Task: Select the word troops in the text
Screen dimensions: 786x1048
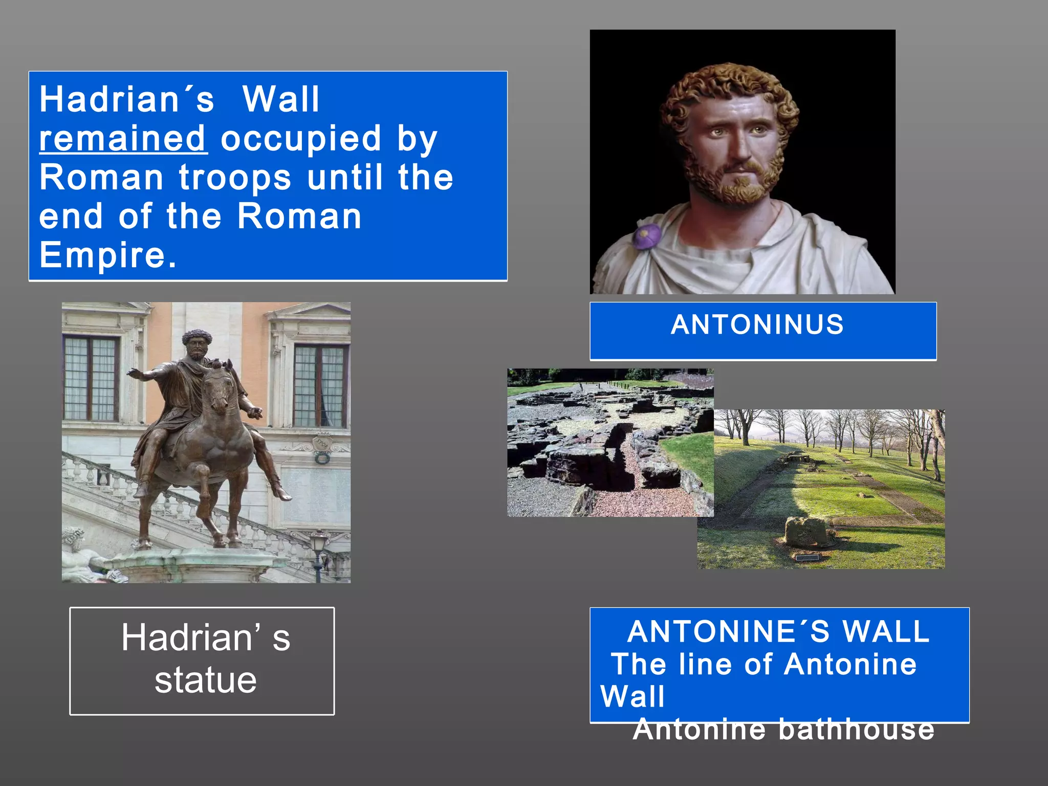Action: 235,178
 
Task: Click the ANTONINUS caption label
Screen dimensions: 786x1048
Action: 757,325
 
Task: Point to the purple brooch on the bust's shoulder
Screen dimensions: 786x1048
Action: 647,237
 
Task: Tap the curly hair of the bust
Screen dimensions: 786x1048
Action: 727,87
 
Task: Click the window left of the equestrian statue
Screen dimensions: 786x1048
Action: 91,379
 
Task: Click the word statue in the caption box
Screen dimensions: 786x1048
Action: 206,681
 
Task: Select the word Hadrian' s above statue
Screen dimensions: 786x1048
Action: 206,638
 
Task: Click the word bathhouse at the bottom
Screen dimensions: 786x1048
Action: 857,730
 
